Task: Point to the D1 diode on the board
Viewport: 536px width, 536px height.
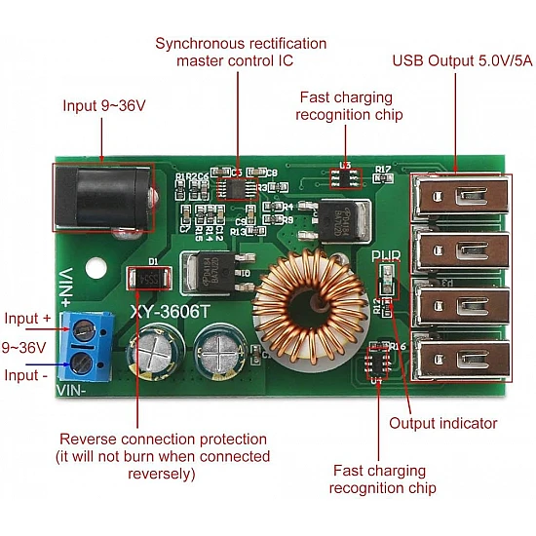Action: (x=150, y=277)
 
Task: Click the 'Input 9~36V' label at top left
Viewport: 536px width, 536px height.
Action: (x=104, y=105)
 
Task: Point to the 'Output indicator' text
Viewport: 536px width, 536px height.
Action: (x=443, y=423)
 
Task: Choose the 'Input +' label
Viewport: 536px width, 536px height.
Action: (x=27, y=319)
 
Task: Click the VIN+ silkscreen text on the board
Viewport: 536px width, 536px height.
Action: (x=67, y=287)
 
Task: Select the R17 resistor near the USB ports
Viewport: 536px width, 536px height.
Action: (x=382, y=170)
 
